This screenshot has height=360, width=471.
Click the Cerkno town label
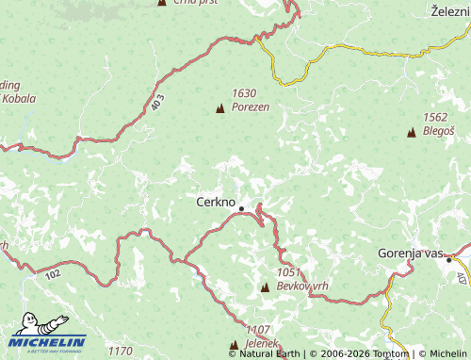coord(214,202)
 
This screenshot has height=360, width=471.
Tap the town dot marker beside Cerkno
coord(241,208)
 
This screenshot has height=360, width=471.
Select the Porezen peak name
coord(251,107)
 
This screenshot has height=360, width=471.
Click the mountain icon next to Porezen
coord(220,109)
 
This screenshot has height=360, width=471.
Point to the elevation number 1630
coord(244,93)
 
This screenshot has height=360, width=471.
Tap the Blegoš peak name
coord(439,130)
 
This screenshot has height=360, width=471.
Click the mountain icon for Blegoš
coord(411,133)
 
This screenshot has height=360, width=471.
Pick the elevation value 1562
coord(435,117)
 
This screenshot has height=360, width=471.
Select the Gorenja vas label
coord(409,254)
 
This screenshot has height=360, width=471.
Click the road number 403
coord(155,103)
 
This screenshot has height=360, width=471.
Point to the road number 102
coord(51,274)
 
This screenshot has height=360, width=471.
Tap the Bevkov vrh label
coord(302,285)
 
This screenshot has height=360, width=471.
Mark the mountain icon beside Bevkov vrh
coord(265,286)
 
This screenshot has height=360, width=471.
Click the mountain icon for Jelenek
coord(234,345)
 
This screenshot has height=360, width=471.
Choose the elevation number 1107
coord(258,330)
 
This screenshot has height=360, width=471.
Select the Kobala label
coord(18,98)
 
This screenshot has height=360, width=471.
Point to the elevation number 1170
coord(120,352)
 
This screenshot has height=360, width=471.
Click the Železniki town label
coord(450,10)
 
